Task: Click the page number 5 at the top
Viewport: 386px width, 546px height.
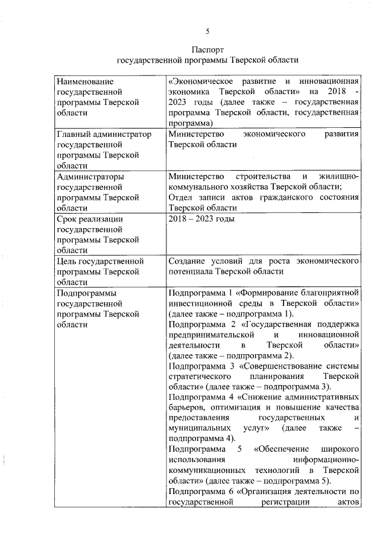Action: (207, 31)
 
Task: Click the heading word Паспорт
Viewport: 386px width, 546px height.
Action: (207, 49)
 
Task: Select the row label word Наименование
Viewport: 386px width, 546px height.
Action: (84, 81)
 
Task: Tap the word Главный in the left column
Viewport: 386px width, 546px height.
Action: (72, 133)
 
